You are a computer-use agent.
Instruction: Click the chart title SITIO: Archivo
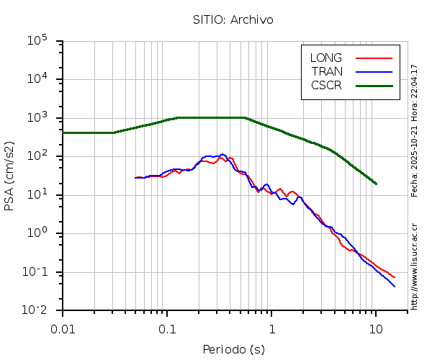click(x=233, y=19)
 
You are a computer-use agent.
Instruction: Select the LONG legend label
click(x=326, y=58)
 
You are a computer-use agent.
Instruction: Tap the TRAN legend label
click(x=327, y=71)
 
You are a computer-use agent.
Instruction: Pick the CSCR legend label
click(x=326, y=85)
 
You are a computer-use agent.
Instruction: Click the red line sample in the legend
click(x=374, y=58)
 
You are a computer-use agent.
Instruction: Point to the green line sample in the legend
click(x=374, y=85)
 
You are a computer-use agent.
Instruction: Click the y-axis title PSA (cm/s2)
click(x=9, y=175)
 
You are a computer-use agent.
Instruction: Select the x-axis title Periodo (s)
click(x=233, y=350)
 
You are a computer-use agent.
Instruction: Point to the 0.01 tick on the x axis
click(x=63, y=328)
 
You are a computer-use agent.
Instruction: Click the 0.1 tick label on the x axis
click(x=167, y=328)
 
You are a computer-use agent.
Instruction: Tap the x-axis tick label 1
click(x=271, y=328)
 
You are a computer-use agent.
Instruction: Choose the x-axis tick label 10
click(x=376, y=328)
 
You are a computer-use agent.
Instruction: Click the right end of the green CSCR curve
click(x=376, y=184)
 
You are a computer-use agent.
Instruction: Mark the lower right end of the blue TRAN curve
click(x=395, y=287)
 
